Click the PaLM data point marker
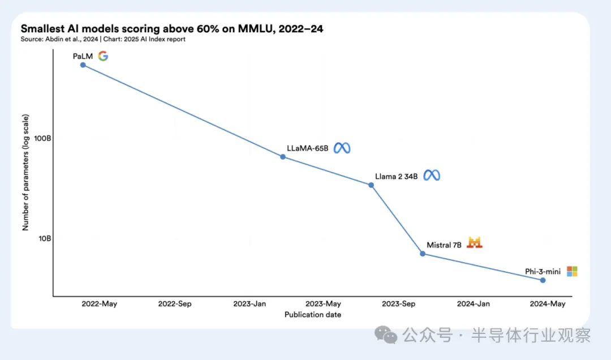[x=83, y=65]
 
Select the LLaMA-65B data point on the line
[x=283, y=157]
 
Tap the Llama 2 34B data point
[x=371, y=185]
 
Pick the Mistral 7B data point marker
[x=423, y=254]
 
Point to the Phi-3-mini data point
[x=543, y=280]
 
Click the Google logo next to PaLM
[x=103, y=55]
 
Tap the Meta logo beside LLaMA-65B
[x=342, y=148]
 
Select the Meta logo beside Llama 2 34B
[x=432, y=175]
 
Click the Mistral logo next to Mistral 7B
[x=475, y=243]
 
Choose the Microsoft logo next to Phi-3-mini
[x=572, y=272]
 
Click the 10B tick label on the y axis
[x=45, y=238]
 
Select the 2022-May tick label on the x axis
[x=99, y=304]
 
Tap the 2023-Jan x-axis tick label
[x=249, y=304]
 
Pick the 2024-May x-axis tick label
[x=547, y=304]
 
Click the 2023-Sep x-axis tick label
[x=398, y=304]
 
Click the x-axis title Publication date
[x=313, y=315]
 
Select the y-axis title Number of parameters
[x=25, y=172]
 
